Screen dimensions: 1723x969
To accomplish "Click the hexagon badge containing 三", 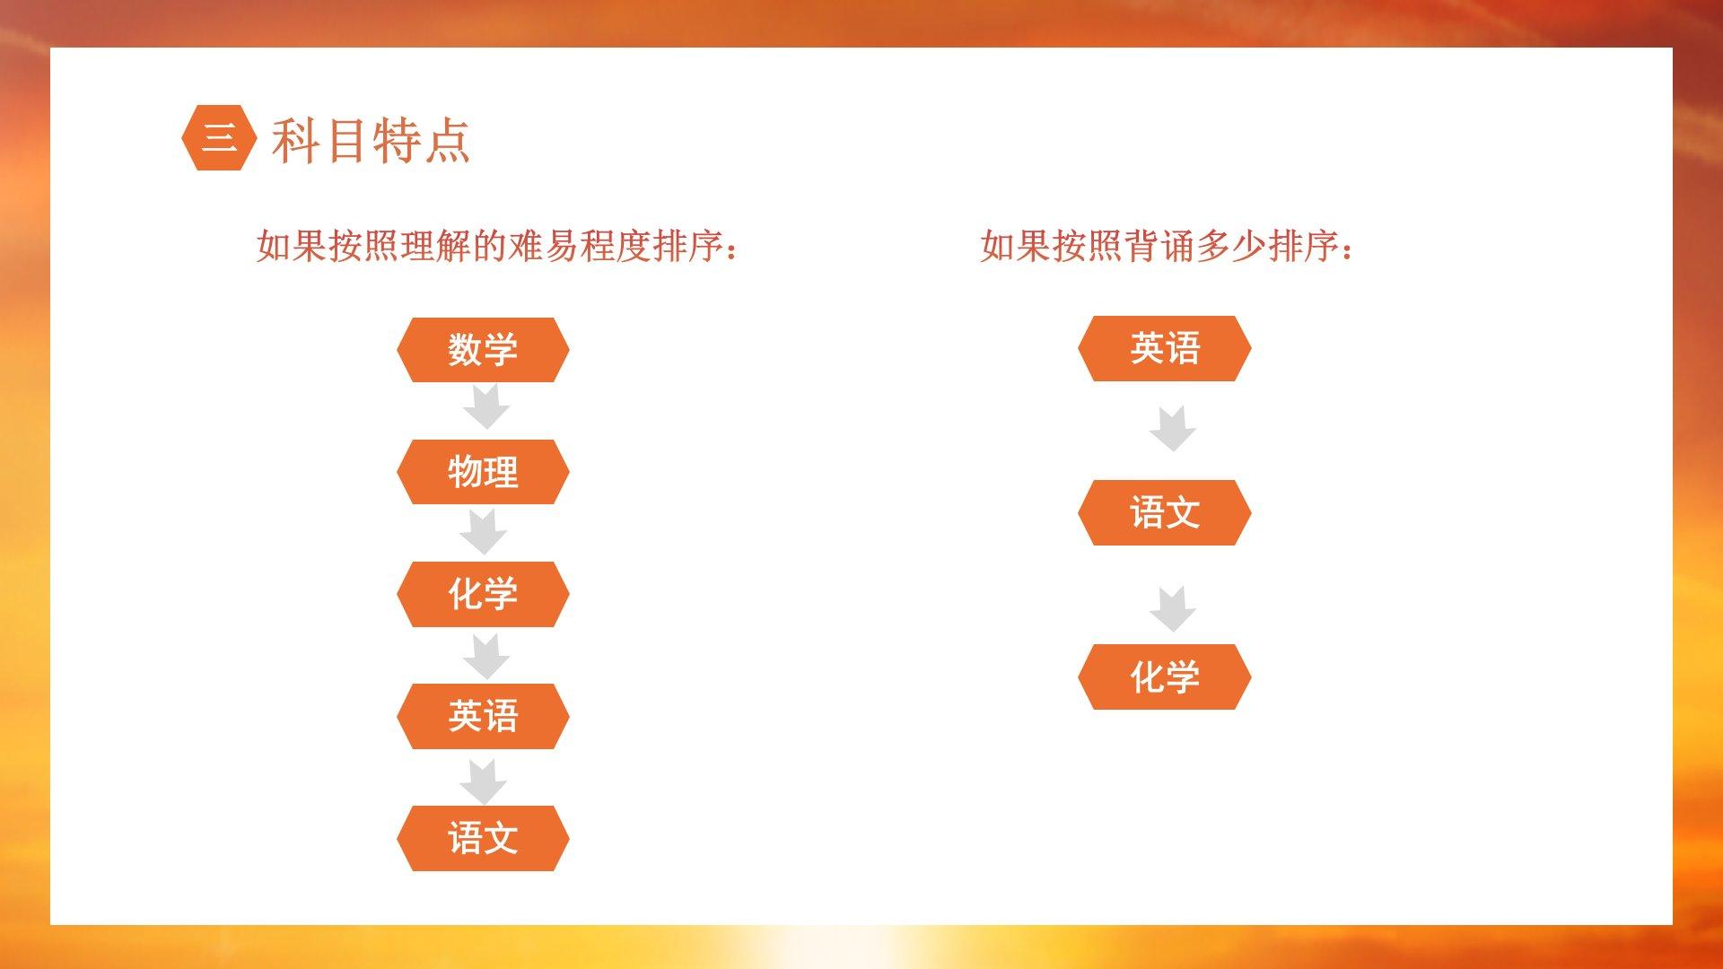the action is (x=219, y=138).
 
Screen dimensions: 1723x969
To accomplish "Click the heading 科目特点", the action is (x=371, y=141).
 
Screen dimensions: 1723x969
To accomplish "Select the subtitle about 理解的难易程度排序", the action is (x=498, y=246).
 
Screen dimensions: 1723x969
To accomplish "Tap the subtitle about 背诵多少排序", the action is (x=1167, y=246).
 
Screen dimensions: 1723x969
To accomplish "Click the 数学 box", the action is (x=483, y=349).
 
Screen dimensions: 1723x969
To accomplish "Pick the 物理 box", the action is (x=483, y=472).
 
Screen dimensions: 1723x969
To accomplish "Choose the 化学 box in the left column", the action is (x=483, y=594).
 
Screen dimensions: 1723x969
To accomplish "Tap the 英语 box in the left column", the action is (x=483, y=716).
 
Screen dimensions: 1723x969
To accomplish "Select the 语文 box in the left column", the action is (x=483, y=838).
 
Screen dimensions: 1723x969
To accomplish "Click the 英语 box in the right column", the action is (x=1164, y=348).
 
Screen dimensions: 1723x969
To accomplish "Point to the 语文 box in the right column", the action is (x=1164, y=512).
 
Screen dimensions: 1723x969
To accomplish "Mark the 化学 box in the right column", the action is (x=1164, y=677).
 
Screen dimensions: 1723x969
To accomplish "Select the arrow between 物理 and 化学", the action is (x=484, y=532).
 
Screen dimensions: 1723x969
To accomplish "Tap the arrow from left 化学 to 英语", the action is (x=486, y=657).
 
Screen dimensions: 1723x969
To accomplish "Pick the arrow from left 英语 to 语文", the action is (x=484, y=781).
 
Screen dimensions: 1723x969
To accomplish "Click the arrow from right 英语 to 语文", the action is (x=1173, y=429).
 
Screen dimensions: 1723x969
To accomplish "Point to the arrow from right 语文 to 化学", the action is (x=1173, y=609).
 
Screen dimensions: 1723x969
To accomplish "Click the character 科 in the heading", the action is (x=295, y=141).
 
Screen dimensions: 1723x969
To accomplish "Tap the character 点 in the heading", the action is (x=447, y=141).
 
